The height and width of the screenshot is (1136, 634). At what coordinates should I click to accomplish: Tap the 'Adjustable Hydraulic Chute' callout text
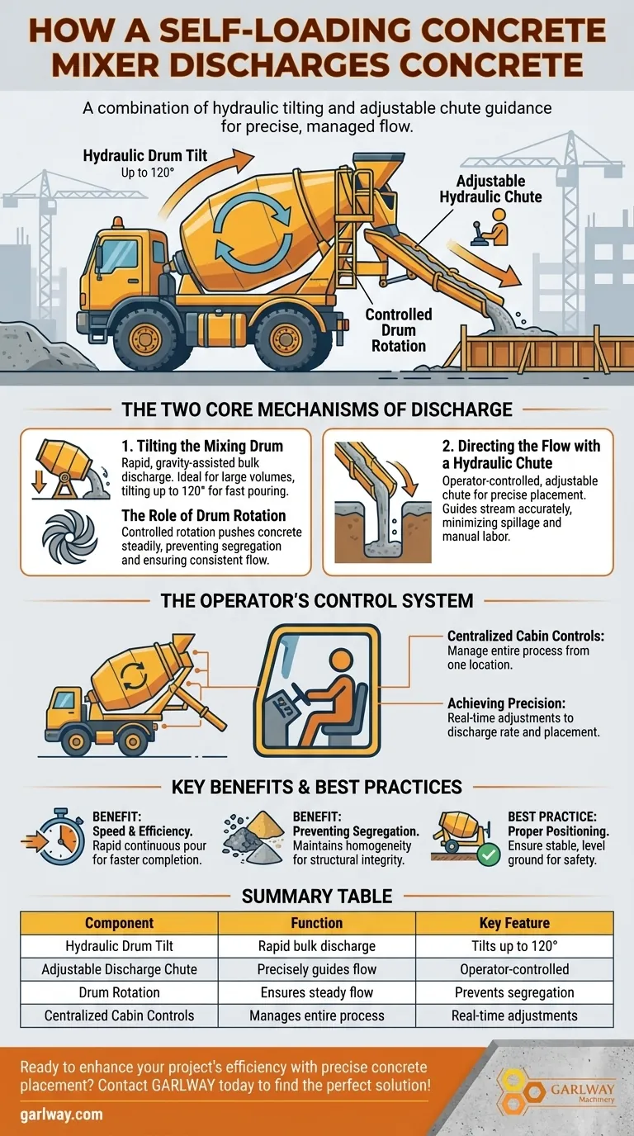coord(490,188)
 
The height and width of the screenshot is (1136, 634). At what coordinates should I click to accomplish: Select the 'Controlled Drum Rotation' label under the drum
coord(399,329)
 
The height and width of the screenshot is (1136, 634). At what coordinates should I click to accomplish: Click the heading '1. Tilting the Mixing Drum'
coord(201,446)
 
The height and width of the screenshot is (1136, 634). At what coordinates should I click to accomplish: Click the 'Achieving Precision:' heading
coord(507,703)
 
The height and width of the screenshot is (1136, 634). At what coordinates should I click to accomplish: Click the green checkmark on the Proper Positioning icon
coord(489,854)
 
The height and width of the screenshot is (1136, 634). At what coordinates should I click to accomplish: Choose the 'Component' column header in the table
coord(119,923)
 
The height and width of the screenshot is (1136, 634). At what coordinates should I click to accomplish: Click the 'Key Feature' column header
coord(514,923)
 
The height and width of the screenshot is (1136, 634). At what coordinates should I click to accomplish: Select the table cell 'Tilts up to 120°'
coord(514,946)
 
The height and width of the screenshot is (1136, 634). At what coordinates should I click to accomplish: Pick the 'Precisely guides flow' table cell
coord(317,969)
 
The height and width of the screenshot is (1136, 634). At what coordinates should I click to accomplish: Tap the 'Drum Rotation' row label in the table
coord(119,992)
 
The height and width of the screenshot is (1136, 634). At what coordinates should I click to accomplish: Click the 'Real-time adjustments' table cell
coord(514,1015)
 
